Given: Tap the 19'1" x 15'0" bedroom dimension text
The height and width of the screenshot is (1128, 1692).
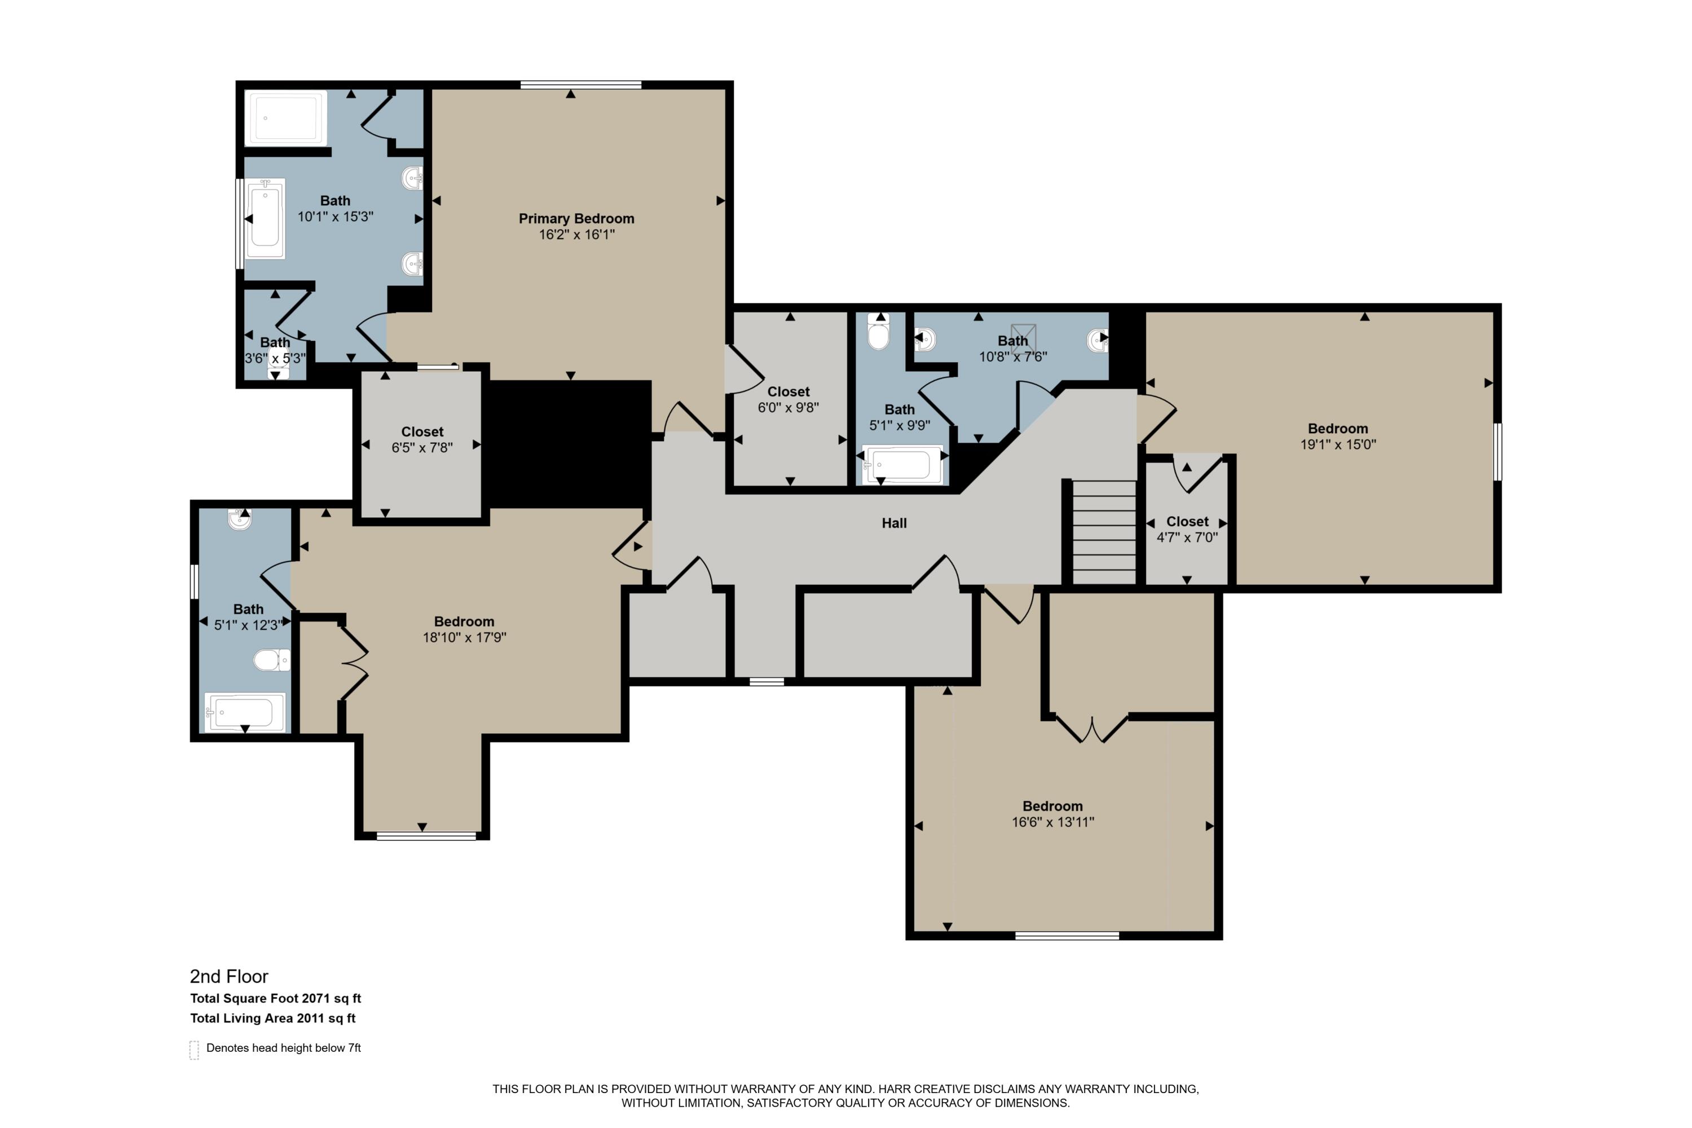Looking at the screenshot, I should pos(1337,444).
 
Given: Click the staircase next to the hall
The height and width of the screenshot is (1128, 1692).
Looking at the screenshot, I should pos(1104,532).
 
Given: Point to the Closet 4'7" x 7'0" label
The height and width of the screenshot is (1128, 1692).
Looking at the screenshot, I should pos(1187,522).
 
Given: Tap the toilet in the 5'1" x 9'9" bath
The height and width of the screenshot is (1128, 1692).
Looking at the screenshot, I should pos(878,332).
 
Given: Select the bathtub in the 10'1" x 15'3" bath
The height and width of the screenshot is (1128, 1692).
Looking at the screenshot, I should pos(266,219).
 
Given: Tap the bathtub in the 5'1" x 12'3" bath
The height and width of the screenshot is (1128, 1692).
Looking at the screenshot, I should pos(245,712).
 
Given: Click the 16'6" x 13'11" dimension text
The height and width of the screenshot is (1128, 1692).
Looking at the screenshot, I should pos(1052,822).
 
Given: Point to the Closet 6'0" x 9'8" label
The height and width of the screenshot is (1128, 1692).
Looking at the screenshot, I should pos(788,392).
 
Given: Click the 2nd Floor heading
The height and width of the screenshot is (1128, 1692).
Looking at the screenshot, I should pos(229,976).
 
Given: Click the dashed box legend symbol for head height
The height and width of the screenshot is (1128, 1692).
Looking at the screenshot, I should pos(194,1050).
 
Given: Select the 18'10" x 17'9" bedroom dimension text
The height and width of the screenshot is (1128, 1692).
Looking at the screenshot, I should pos(464,637).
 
